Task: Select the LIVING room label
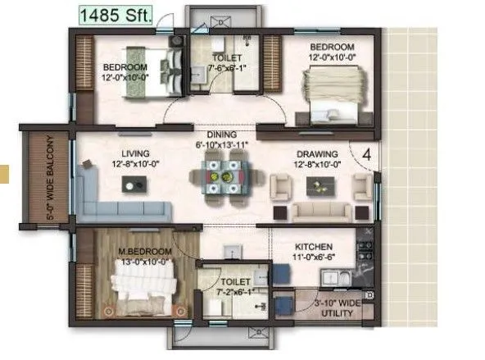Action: pyautogui.click(x=134, y=153)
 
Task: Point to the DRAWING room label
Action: pyautogui.click(x=310, y=153)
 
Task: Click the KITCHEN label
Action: pyautogui.click(x=313, y=246)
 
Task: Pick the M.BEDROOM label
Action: pyautogui.click(x=146, y=250)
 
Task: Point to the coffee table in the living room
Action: pyautogui.click(x=131, y=185)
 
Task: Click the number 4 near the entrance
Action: pyautogui.click(x=367, y=153)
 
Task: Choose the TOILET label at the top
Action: pyautogui.click(x=226, y=58)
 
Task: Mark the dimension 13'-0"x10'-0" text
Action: pyautogui.click(x=147, y=261)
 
